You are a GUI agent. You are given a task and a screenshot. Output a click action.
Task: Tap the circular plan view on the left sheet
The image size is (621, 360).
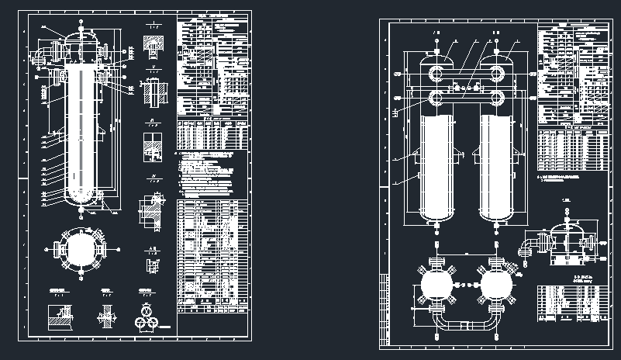pos(80,249)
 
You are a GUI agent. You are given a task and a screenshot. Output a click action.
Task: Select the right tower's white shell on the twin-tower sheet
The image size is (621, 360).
pos(498,167)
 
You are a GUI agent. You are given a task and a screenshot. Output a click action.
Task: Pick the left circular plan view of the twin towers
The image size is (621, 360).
pos(435,286)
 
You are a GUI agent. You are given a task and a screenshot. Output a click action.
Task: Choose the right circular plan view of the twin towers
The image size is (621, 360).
pos(496,286)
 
